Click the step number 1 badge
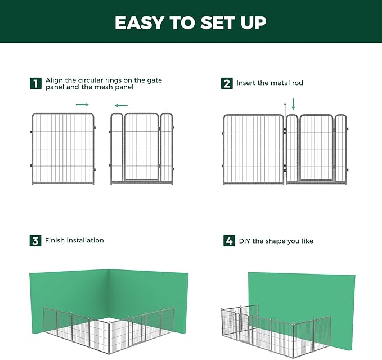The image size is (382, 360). tap(35, 84)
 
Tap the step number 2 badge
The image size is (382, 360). tap(227, 83)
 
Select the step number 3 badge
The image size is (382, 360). tap(35, 241)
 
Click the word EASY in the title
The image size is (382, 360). tap(141, 23)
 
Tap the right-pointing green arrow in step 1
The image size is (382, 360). tap(82, 105)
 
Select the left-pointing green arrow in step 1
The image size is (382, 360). tap(120, 105)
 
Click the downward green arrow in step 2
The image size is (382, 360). tap(293, 104)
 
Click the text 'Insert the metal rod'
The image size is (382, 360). tap(269, 83)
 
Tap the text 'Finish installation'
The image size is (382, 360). tap(74, 241)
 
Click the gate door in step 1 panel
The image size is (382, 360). tap(141, 147)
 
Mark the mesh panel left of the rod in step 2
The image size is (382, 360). tap(254, 149)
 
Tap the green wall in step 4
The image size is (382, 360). tap(304, 298)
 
